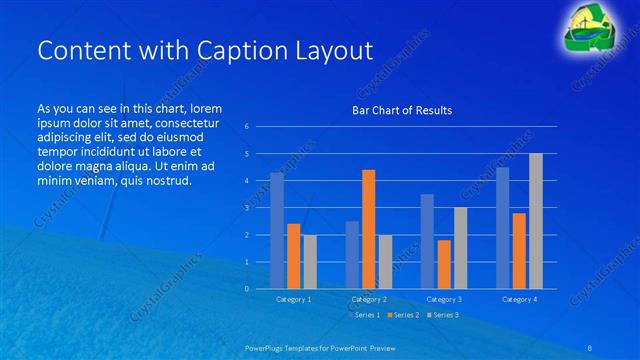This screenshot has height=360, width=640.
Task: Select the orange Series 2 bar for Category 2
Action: (368, 229)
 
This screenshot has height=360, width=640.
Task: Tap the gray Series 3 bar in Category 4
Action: (535, 221)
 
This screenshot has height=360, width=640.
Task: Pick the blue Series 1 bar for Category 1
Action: (276, 230)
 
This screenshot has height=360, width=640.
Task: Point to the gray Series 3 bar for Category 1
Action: (309, 261)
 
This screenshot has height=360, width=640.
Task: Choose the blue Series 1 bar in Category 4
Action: (502, 227)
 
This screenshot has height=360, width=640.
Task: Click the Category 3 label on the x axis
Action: (443, 299)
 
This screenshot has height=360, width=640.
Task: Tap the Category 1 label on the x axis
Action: (293, 299)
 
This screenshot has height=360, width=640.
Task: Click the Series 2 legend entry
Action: (403, 315)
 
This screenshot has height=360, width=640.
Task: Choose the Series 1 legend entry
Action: (364, 315)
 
